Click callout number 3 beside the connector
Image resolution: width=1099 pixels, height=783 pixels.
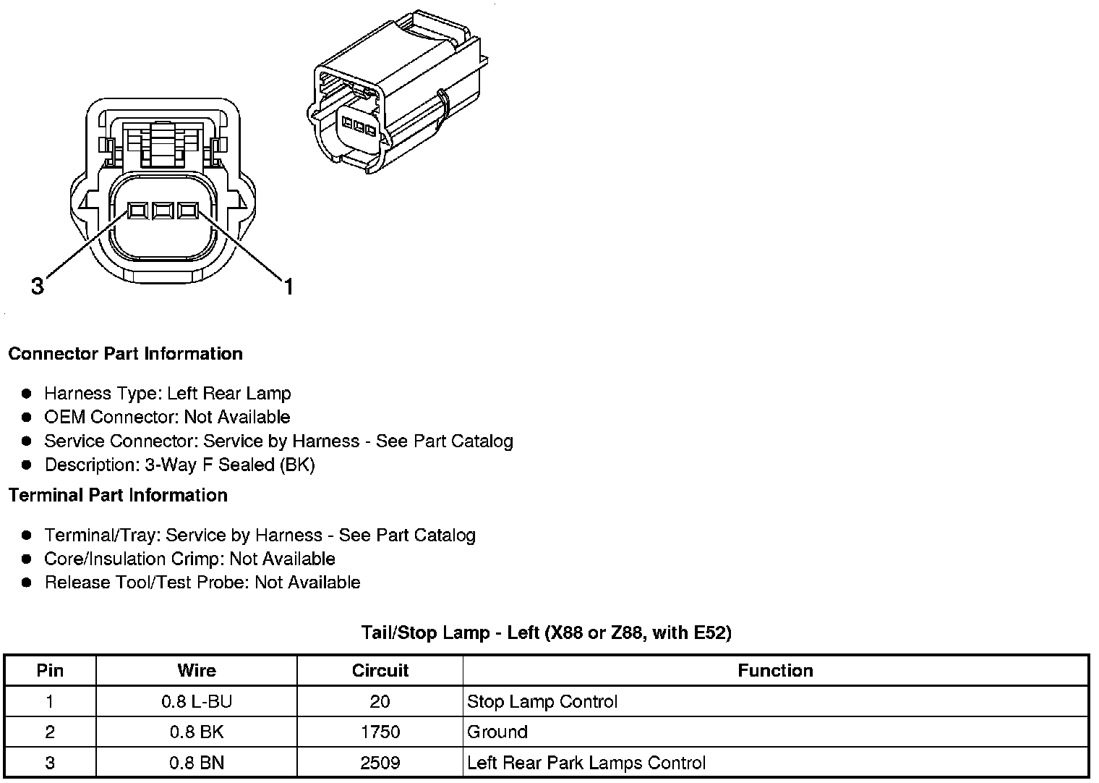(38, 287)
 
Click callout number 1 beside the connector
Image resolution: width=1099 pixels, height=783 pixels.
(288, 287)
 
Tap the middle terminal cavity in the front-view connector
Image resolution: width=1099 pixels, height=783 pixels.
(163, 211)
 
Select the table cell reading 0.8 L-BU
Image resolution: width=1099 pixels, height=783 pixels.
(197, 701)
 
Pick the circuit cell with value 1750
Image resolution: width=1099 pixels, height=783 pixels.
(380, 732)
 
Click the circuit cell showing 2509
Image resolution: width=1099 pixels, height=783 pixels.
(380, 763)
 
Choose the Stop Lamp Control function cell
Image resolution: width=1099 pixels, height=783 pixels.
(542, 701)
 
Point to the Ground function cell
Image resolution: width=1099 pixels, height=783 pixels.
(497, 732)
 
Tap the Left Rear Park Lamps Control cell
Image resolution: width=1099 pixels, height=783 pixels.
(586, 763)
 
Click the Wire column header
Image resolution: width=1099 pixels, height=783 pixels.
(197, 671)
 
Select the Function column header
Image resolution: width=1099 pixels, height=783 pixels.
(775, 671)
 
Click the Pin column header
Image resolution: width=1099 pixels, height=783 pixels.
(50, 671)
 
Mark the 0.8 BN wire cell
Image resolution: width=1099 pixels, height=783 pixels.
(197, 763)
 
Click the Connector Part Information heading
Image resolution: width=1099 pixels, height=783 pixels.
(125, 354)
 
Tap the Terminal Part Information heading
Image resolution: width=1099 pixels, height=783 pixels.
(118, 496)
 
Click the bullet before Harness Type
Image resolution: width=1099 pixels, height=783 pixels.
(27, 394)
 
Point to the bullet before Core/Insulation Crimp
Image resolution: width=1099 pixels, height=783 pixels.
(27, 559)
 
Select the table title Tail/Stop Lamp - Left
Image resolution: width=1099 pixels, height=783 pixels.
(547, 633)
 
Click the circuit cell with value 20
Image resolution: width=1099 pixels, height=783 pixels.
(380, 701)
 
